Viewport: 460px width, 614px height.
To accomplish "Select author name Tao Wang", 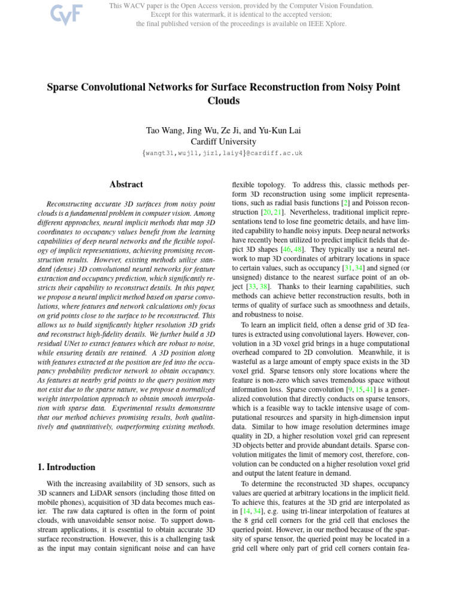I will pyautogui.click(x=164, y=130).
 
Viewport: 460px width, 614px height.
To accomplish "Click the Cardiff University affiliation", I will pyautogui.click(x=223, y=142).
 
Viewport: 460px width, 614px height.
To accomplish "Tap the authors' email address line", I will pyautogui.click(x=223, y=153).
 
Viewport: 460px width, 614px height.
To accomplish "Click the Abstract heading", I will pyautogui.click(x=126, y=185).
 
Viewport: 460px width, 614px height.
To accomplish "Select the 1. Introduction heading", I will pyautogui.click(x=63, y=467).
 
